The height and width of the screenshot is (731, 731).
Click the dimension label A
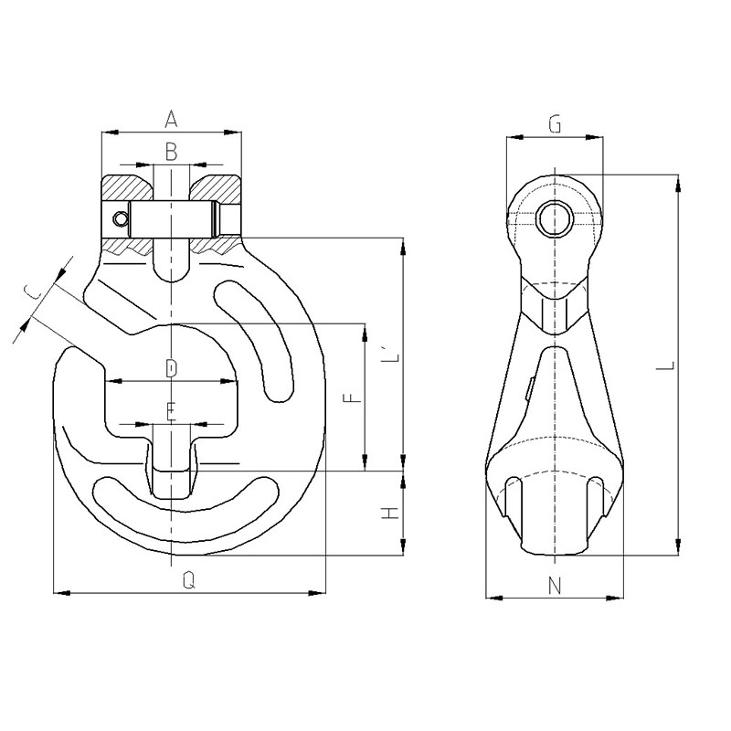pyautogui.click(x=171, y=119)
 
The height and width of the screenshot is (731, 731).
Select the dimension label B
pyautogui.click(x=171, y=152)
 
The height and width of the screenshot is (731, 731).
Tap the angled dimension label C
pyautogui.click(x=33, y=292)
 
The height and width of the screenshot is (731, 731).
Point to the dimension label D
pyautogui.click(x=172, y=368)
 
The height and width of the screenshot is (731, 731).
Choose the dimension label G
pyautogui.click(x=555, y=124)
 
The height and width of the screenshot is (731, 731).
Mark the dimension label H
pyautogui.click(x=391, y=514)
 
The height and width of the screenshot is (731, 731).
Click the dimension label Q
pyautogui.click(x=188, y=580)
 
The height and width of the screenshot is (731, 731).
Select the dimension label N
pyautogui.click(x=555, y=586)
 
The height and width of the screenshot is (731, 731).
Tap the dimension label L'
pyautogui.click(x=391, y=355)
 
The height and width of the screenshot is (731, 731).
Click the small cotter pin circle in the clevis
pyautogui.click(x=121, y=218)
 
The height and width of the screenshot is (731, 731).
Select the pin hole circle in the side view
pyautogui.click(x=555, y=218)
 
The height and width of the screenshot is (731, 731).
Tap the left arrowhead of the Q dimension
pyautogui.click(x=62, y=593)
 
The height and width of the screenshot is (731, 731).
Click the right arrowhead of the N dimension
pyautogui.click(x=614, y=598)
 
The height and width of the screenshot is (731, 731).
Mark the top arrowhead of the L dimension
pyautogui.click(x=678, y=184)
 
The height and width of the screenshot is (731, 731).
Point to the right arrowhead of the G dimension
pyautogui.click(x=594, y=138)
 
